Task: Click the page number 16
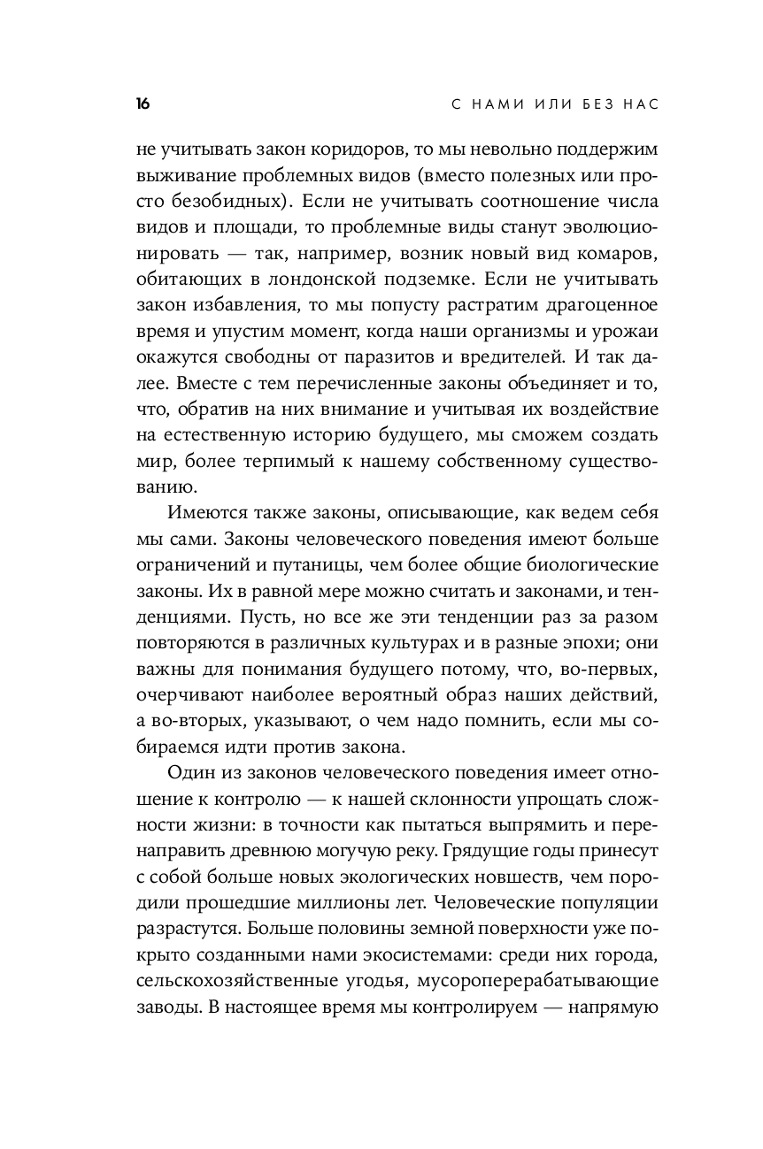click(x=142, y=104)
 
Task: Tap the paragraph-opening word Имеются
click(x=199, y=512)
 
